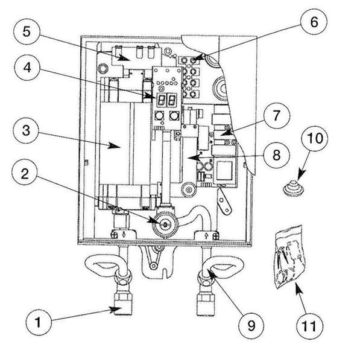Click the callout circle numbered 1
39,322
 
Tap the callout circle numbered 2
25,174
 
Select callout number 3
26,131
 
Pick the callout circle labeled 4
27,68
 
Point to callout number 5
27,31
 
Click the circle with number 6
314,22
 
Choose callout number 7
276,116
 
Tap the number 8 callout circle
276,155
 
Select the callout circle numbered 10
315,139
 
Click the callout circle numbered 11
309,326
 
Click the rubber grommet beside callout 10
292,188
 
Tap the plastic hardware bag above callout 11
290,257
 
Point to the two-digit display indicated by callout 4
167,100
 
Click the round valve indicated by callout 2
165,224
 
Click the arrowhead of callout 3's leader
115,146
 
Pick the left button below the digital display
159,116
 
